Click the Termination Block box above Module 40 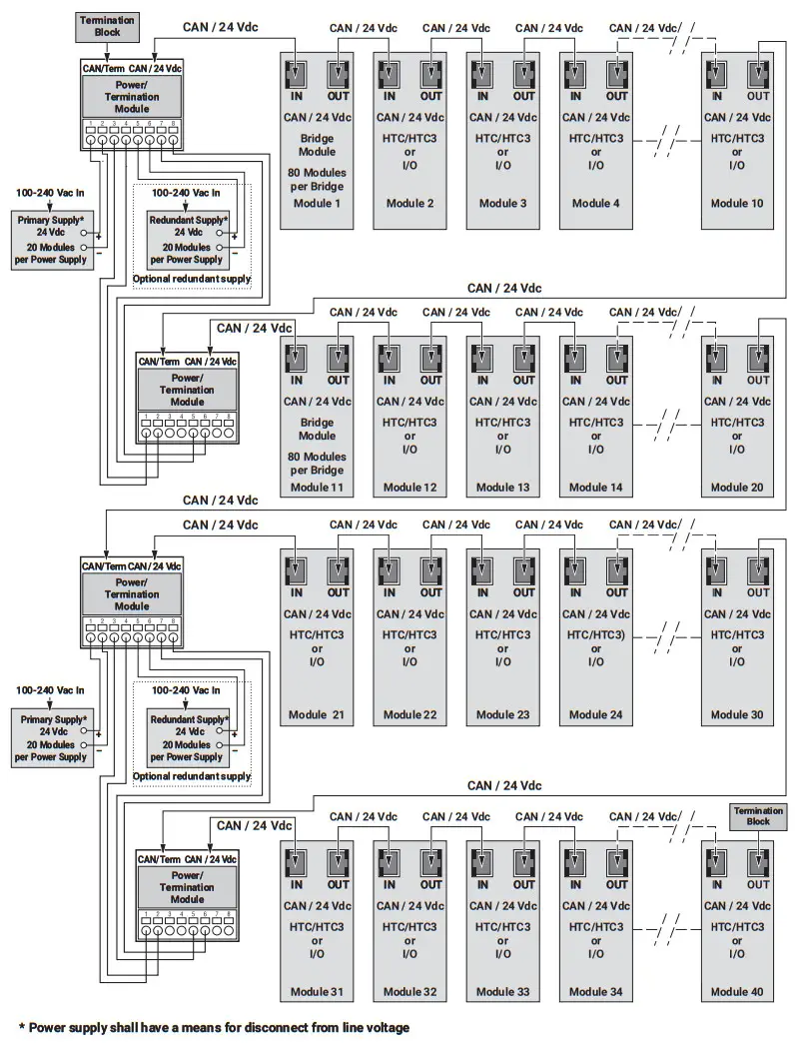[752, 815]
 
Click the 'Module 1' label [317, 204]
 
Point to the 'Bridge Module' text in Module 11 [317, 429]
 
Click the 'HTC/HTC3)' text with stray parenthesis [596, 634]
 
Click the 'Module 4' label [596, 204]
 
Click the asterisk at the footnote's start [21, 1026]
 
